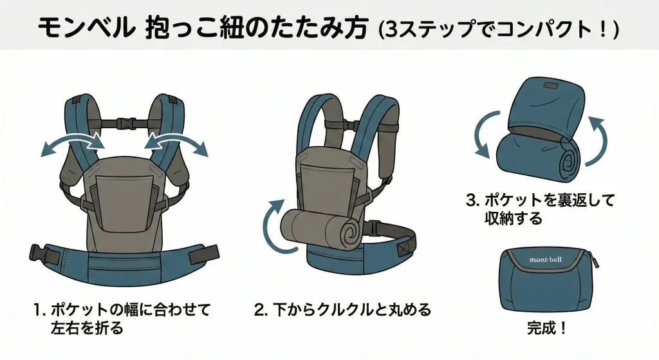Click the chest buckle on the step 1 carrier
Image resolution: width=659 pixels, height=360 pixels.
(126, 124)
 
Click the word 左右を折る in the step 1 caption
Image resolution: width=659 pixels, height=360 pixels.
(88, 328)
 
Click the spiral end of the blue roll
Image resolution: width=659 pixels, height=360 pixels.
(568, 162)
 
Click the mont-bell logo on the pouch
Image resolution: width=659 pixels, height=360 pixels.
(546, 260)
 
